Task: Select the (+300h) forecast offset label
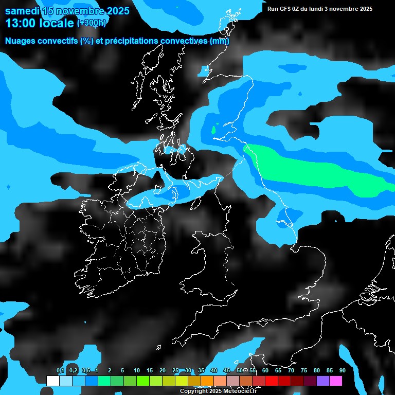pos(92,23)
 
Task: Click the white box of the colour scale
pos(52,381)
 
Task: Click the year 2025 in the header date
pos(118,11)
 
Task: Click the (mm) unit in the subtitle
pos(220,41)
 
